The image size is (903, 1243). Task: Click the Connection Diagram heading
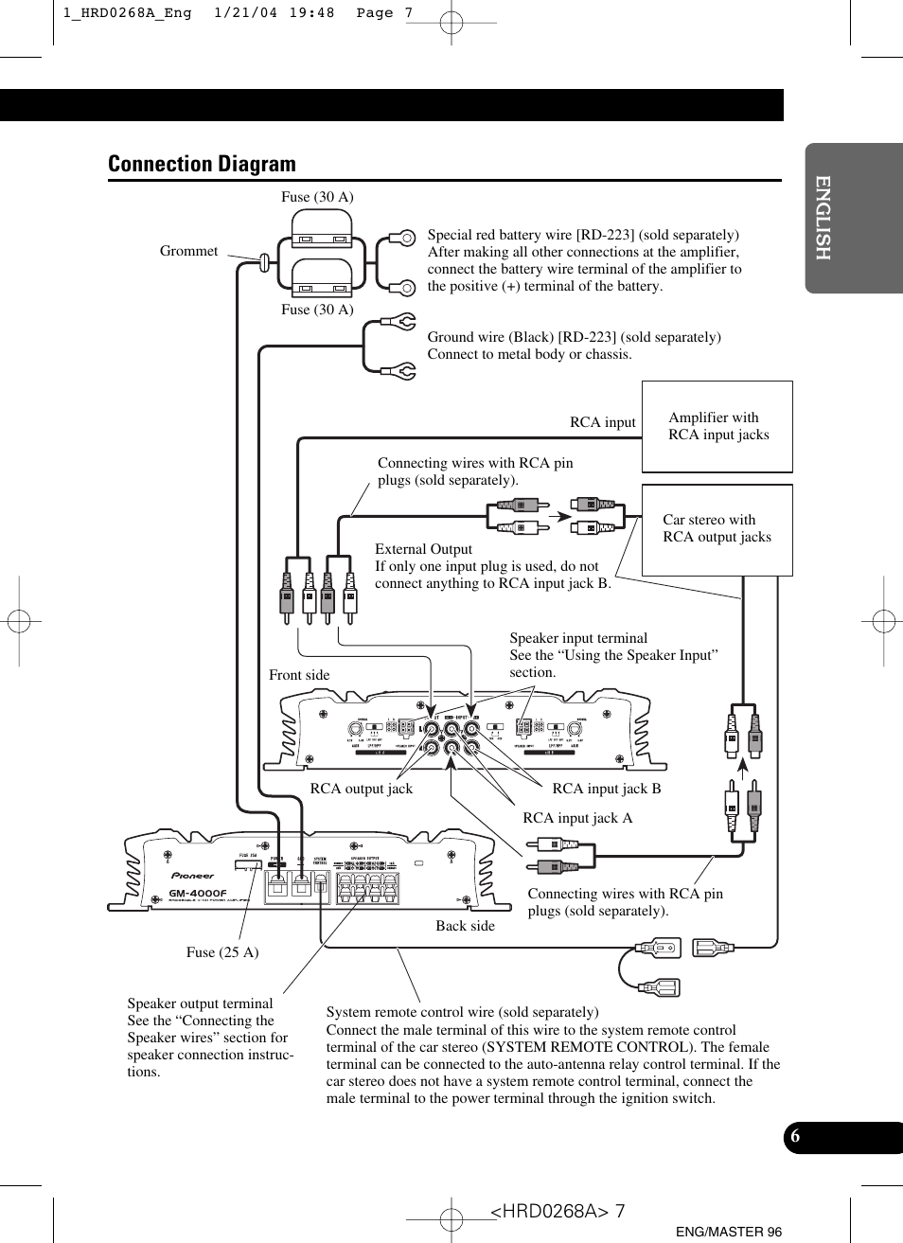[x=202, y=164]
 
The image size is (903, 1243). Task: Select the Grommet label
[x=188, y=251]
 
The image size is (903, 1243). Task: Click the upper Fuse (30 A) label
[x=317, y=197]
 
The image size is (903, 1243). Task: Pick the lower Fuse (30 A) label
[x=317, y=310]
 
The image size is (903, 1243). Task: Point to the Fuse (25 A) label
[x=222, y=952]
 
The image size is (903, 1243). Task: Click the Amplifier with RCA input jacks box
[x=717, y=426]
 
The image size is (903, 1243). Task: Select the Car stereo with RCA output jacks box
[x=717, y=528]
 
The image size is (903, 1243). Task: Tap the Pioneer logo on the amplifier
[x=192, y=876]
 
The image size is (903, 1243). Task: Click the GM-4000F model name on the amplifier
[x=198, y=894]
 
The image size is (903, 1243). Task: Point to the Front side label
[x=299, y=675]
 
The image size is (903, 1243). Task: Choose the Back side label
[x=465, y=926]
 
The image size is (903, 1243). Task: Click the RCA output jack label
[x=361, y=789]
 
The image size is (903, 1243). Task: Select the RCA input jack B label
[x=607, y=789]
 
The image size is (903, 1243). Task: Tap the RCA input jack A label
[x=577, y=818]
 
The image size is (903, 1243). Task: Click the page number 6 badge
[x=796, y=1137]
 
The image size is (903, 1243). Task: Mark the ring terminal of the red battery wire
[x=405, y=238]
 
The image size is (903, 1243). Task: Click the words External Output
[x=423, y=549]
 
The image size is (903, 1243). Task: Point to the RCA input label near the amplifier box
[x=603, y=422]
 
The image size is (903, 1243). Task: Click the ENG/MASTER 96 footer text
[x=729, y=1232]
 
